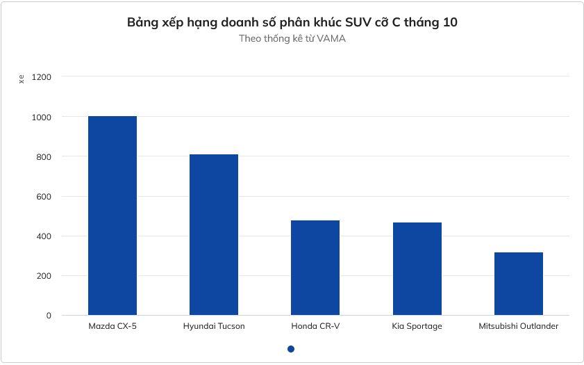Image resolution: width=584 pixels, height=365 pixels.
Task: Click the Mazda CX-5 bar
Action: (112, 216)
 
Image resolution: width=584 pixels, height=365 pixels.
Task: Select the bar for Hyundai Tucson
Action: (214, 234)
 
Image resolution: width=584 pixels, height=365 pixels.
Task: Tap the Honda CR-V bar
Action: (315, 268)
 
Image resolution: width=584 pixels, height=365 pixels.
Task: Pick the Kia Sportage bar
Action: (417, 268)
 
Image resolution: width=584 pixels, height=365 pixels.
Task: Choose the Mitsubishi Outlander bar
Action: (519, 284)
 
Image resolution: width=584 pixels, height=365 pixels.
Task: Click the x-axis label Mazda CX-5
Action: (112, 326)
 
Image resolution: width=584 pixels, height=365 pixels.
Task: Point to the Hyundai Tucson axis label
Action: (214, 326)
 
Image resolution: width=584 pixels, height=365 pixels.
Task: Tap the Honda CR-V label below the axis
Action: (315, 326)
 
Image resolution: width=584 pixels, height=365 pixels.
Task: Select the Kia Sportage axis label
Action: (417, 326)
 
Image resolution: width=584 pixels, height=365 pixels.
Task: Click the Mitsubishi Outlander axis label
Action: (519, 326)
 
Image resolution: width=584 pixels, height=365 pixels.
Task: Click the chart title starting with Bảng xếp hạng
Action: (292, 23)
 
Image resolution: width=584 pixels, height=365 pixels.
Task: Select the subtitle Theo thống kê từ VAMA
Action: (292, 39)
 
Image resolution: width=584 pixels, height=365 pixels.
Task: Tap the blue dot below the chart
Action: (291, 349)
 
